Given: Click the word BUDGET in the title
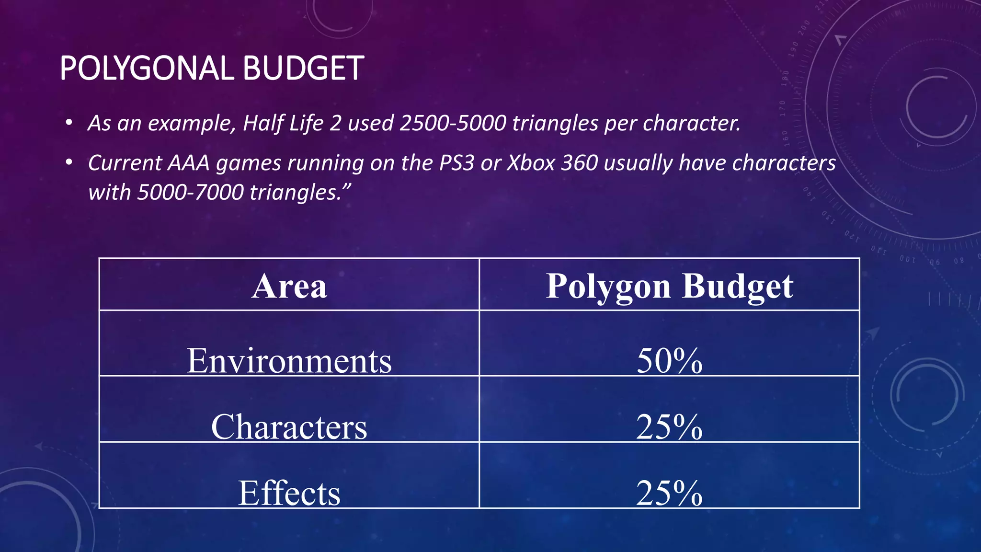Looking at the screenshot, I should pos(303,68).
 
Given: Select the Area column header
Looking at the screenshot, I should pos(289,286).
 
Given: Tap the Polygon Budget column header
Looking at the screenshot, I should pos(669,286).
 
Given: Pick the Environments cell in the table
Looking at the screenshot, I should pos(289,360).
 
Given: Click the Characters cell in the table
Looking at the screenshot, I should pos(289,426).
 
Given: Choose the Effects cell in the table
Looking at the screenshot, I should pos(289,493).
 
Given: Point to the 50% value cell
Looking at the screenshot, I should pos(669,360).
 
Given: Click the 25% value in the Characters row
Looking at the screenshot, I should pos(669,426).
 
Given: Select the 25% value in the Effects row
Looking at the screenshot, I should pos(669,493).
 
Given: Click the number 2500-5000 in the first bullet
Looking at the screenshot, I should pos(453,123).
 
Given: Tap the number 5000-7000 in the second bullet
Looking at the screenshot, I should pos(190,193).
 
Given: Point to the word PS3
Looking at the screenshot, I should pos(456,163).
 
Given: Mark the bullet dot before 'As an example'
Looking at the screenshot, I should pos(69,123).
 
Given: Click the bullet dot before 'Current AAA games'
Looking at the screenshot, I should pos(69,163).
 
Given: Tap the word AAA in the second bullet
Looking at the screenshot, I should pos(188,163).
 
